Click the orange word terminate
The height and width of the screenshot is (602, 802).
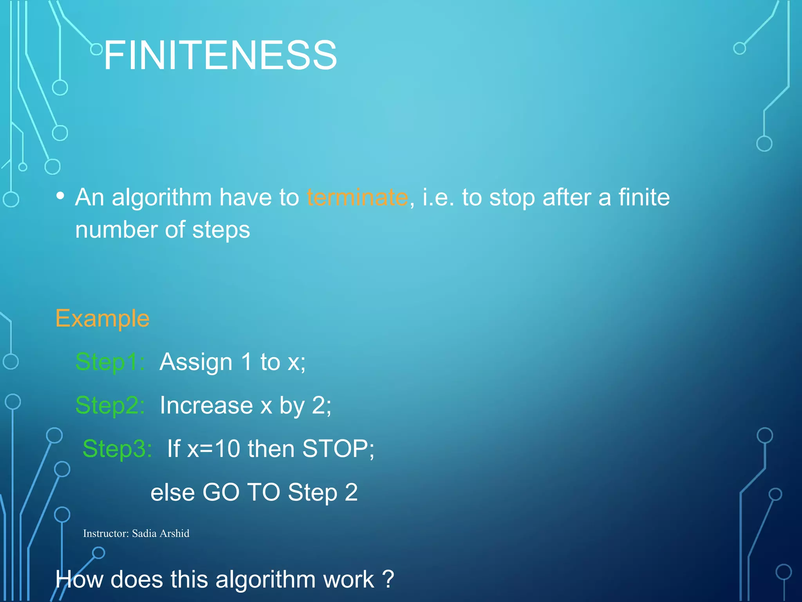(357, 197)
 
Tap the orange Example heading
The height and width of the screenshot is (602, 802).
(102, 318)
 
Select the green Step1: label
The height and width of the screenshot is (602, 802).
(110, 361)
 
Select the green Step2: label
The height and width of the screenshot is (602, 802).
(110, 405)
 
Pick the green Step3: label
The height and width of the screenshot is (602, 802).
(117, 448)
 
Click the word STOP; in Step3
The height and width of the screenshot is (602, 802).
(338, 448)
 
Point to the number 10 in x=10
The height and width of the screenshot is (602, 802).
(227, 448)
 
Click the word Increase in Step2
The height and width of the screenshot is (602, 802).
(206, 405)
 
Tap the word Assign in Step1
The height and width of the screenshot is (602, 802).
(196, 362)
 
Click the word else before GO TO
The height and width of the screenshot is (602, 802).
(172, 492)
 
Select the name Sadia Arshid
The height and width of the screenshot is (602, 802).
(161, 533)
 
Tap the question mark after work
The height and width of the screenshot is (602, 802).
(388, 579)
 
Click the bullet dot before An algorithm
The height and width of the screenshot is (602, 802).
(60, 195)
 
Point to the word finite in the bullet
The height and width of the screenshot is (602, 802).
(644, 197)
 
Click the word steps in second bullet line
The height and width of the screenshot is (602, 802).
(221, 230)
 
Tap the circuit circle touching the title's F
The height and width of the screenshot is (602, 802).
(96, 49)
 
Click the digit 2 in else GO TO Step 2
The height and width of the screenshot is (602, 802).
(351, 492)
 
